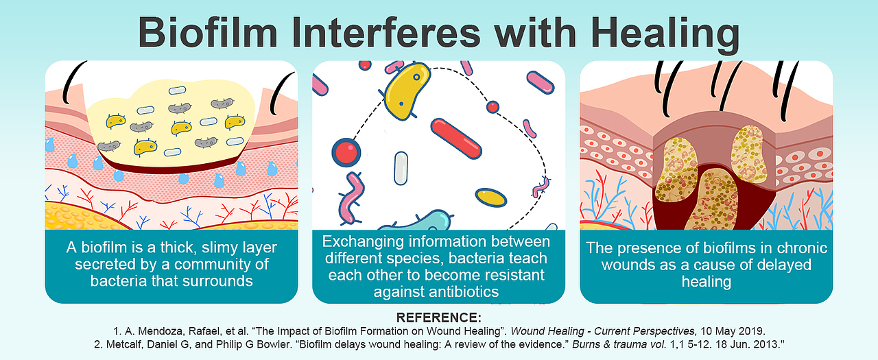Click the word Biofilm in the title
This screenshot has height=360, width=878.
[x=208, y=32]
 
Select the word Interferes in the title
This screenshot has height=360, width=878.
[x=386, y=32]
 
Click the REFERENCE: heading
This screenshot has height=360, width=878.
[x=438, y=317]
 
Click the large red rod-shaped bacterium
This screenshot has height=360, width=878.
[x=456, y=139]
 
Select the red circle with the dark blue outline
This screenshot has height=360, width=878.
[x=346, y=152]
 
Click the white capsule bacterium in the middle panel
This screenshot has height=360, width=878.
[x=401, y=168]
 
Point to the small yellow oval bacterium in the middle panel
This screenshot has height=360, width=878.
[x=490, y=197]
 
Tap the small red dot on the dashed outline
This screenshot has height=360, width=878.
[x=493, y=106]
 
